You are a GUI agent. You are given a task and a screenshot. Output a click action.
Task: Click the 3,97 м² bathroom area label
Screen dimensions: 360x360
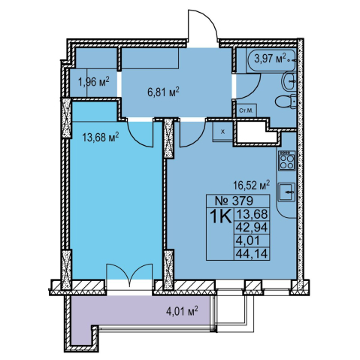click(x=270, y=59)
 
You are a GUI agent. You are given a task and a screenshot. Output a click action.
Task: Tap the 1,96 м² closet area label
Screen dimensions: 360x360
click(x=94, y=82)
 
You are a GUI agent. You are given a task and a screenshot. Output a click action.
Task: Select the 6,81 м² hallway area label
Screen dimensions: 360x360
click(x=163, y=92)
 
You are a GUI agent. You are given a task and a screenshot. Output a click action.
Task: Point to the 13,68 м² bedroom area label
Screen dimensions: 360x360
click(x=101, y=138)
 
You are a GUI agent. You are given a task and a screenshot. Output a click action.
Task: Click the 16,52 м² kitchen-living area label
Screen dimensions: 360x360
click(x=251, y=185)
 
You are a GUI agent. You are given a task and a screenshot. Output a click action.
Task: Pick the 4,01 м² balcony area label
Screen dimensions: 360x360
click(x=182, y=311)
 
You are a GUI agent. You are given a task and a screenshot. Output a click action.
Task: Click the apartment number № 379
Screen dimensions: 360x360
click(x=234, y=201)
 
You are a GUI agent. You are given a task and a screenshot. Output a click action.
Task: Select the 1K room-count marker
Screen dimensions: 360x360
click(x=220, y=216)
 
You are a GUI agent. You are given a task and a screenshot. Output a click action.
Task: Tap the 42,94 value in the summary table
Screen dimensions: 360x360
click(x=252, y=228)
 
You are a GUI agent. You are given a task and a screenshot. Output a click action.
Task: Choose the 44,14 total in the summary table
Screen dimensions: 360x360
click(x=252, y=254)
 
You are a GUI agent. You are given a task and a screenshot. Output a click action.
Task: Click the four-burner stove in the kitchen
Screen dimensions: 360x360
click(x=287, y=161)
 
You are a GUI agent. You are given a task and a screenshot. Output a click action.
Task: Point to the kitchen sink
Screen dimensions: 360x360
click(x=287, y=192)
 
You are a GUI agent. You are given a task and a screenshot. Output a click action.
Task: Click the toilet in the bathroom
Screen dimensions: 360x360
click(x=286, y=101)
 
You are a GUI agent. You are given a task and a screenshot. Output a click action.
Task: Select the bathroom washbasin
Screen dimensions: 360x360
click(x=289, y=81)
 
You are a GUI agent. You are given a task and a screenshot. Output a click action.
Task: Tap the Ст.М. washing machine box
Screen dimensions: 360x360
click(x=247, y=110)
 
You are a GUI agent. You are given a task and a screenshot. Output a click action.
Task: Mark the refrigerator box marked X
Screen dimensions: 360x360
click(x=223, y=132)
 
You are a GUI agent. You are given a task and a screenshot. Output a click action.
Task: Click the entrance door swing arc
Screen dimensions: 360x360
click(x=212, y=20)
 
